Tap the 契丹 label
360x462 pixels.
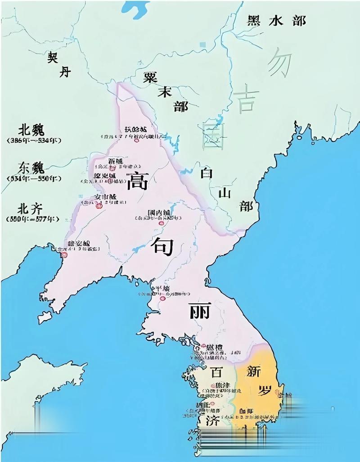pyautogui.click(x=59, y=64)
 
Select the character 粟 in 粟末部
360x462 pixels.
pyautogui.click(x=150, y=77)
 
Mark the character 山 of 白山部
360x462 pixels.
pyautogui.click(x=225, y=193)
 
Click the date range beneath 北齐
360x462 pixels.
pyautogui.click(x=31, y=219)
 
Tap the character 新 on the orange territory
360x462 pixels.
pyautogui.click(x=255, y=372)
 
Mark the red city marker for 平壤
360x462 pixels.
pyautogui.click(x=162, y=298)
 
